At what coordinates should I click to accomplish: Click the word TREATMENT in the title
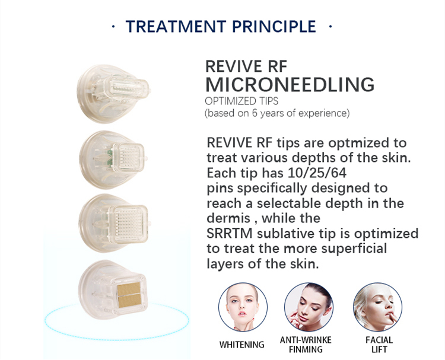[x=176, y=26]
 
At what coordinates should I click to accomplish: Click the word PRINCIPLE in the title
[x=274, y=26]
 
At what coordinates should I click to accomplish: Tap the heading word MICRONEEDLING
[x=290, y=84]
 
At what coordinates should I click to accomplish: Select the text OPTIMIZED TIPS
[x=241, y=101]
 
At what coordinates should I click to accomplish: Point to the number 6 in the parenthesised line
[x=255, y=113]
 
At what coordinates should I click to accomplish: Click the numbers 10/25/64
[x=317, y=173]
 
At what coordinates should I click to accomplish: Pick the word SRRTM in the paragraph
[x=229, y=234]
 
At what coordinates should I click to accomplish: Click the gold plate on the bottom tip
[x=129, y=295]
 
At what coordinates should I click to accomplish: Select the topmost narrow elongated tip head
[x=126, y=88]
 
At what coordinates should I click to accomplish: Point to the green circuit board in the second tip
[x=109, y=157]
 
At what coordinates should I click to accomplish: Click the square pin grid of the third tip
[x=130, y=224]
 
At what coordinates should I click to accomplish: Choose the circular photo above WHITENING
[x=243, y=307]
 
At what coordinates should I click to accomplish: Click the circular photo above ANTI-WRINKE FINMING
[x=309, y=307]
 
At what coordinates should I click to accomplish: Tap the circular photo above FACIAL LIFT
[x=377, y=307]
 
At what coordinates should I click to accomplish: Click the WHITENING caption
[x=242, y=345]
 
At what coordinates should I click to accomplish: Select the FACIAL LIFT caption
[x=379, y=345]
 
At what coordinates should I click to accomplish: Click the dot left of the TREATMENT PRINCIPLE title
[x=113, y=27]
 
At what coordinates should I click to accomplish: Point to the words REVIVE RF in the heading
[x=246, y=66]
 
